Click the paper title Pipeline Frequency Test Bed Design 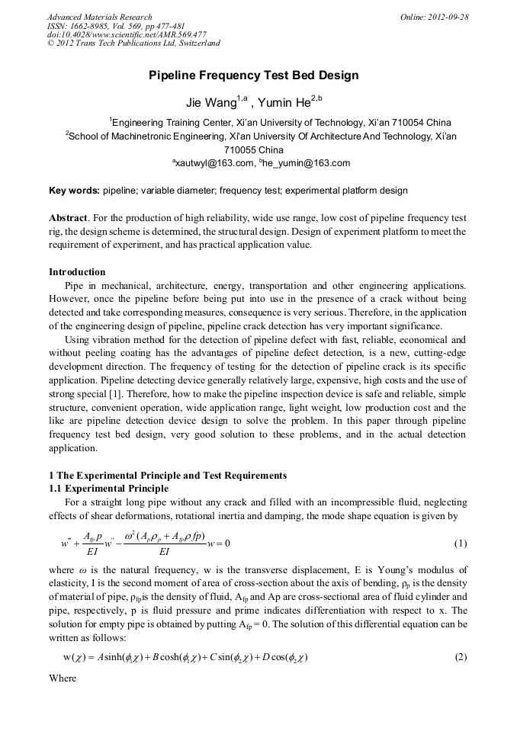(253, 75)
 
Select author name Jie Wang (211, 103)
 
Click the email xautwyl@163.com (214, 163)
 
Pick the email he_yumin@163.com (308, 163)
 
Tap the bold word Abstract (67, 217)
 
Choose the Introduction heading (77, 272)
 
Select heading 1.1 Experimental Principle (117, 488)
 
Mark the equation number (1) (460, 543)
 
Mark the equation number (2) (460, 657)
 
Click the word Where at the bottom (63, 677)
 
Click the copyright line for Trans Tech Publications (133, 43)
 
